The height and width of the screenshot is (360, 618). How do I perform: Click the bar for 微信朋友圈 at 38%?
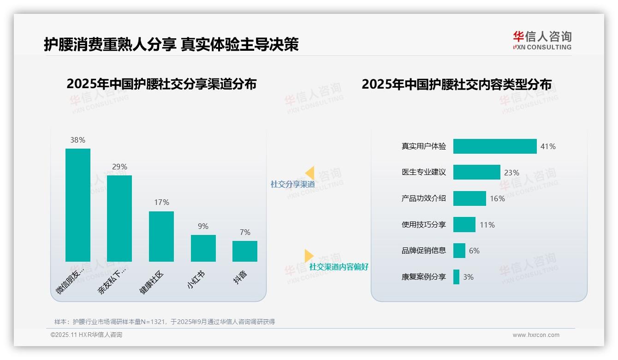[x=78, y=205]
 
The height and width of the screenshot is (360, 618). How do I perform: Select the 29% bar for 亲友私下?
[x=119, y=218]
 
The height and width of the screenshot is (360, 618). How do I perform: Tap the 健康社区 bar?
[x=161, y=236]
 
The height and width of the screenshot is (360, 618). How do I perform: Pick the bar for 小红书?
[x=203, y=248]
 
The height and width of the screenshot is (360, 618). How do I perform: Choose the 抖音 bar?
[x=245, y=251]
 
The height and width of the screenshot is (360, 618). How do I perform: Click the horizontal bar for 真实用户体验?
[x=495, y=146]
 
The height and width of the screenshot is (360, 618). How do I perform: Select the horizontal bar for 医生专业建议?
[x=476, y=172]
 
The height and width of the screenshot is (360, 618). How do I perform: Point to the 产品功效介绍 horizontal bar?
[x=469, y=198]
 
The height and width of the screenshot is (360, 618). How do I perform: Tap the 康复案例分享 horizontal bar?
[x=456, y=277]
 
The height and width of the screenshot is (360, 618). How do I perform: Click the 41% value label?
[x=548, y=146]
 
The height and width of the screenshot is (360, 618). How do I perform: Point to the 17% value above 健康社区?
[x=161, y=202]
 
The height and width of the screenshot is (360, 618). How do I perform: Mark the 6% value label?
[x=474, y=251]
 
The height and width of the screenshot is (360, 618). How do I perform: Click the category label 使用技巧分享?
[x=424, y=225]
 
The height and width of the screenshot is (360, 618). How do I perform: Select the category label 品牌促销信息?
[x=424, y=251]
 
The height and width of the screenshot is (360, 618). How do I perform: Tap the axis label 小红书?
[x=196, y=280]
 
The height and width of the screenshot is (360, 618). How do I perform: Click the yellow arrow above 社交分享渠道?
[x=309, y=173]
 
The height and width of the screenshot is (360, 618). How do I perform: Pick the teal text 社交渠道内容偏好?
[x=339, y=267]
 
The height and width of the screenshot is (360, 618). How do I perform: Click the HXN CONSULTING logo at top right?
[x=542, y=41]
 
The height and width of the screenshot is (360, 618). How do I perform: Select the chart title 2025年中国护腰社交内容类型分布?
[x=456, y=84]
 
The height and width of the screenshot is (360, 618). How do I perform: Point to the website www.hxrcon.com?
[x=535, y=335]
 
